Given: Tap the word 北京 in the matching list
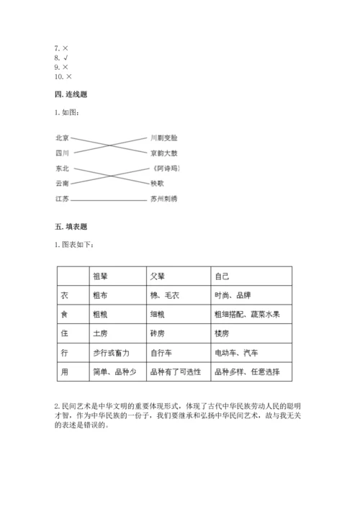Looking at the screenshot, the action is (x=61, y=137).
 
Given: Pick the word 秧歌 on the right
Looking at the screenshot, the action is (x=158, y=183).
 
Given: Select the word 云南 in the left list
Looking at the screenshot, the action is (x=61, y=183).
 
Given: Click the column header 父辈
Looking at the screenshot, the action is (x=158, y=276).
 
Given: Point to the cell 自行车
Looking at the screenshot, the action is (x=161, y=353).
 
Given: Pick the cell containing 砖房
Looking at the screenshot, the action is (x=158, y=334).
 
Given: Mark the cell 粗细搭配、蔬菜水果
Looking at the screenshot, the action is (x=247, y=315).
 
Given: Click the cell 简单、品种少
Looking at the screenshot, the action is (x=111, y=372).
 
